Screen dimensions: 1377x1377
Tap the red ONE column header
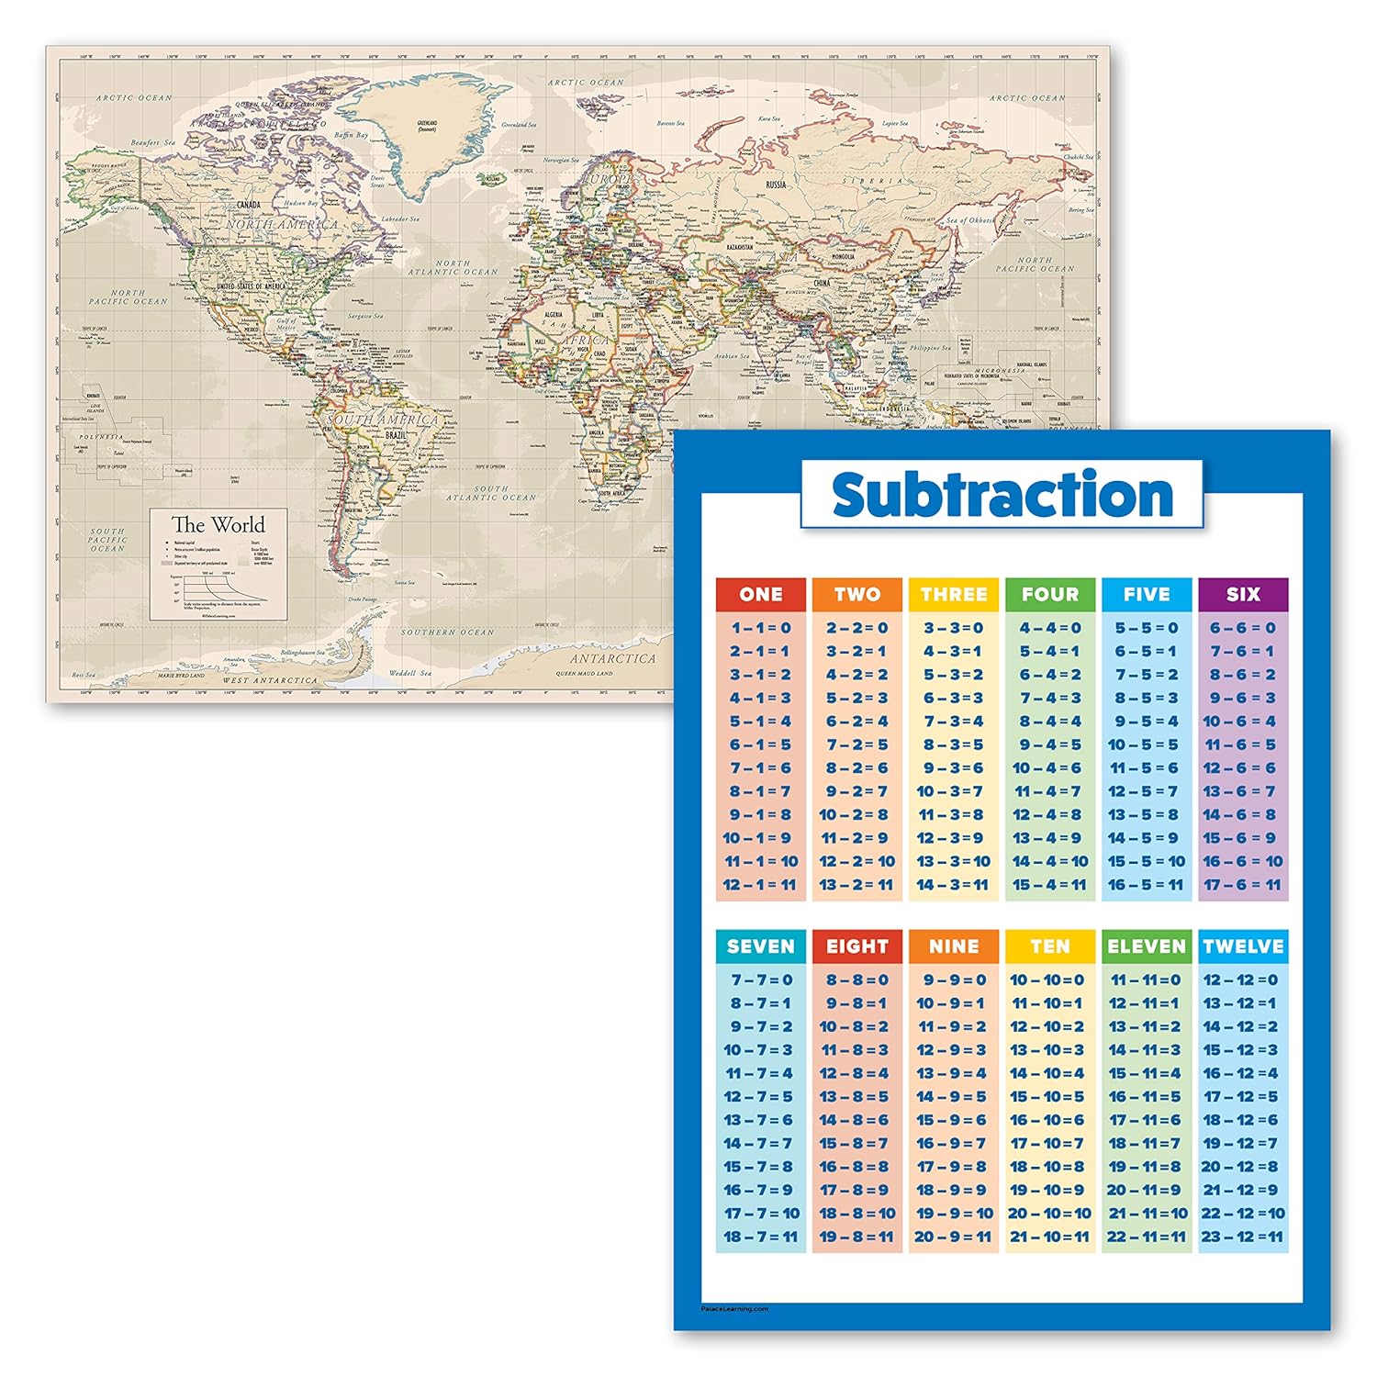[x=760, y=594]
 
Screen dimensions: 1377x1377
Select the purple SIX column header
[x=1243, y=594]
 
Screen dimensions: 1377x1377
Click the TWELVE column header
[x=1243, y=946]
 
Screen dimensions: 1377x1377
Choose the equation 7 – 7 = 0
[x=760, y=980]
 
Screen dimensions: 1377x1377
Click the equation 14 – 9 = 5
[x=954, y=1096]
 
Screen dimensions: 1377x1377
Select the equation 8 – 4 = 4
[x=1050, y=722]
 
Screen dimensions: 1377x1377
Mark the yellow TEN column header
[x=1050, y=946]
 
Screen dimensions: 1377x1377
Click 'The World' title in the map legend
[x=218, y=525]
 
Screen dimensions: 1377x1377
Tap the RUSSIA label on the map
[x=776, y=185]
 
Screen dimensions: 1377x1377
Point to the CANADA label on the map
[x=249, y=205]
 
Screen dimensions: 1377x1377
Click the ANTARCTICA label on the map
[x=612, y=658]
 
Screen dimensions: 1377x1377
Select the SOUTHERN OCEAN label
[x=447, y=633]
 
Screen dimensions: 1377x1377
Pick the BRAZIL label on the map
[x=397, y=435]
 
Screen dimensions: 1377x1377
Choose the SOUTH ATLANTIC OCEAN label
[x=490, y=493]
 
